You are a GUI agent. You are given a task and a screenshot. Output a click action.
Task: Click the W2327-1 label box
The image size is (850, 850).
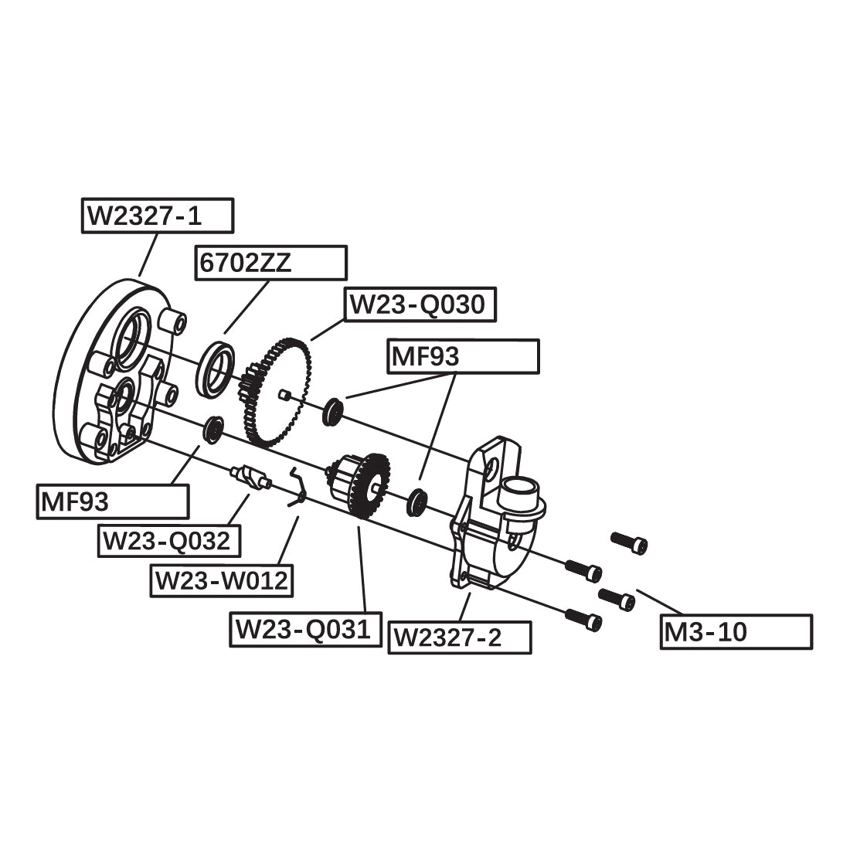[157, 216]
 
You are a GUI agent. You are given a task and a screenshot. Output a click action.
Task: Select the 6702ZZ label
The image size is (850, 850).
[270, 263]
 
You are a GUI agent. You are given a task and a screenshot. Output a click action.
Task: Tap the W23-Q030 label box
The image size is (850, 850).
[420, 305]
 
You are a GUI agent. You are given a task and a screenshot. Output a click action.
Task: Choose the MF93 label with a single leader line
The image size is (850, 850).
[113, 502]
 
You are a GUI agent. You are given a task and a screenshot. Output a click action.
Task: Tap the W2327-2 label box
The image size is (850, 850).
[460, 637]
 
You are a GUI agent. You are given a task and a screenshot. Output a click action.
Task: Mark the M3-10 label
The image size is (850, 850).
[736, 632]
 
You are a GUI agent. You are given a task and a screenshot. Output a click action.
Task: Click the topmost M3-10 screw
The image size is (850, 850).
[629, 542]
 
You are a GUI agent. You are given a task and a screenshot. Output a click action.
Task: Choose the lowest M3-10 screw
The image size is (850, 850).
[583, 618]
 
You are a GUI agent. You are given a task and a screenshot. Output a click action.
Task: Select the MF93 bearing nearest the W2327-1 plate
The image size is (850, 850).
[212, 430]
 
